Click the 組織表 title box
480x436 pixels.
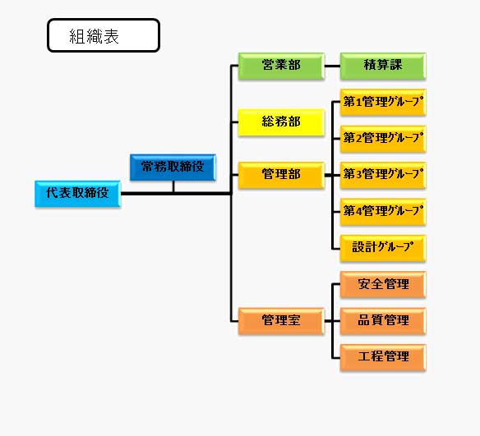pos(104,35)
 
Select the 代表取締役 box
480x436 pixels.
pos(78,194)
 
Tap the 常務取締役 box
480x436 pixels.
pos(173,168)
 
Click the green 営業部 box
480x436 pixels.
pos(281,66)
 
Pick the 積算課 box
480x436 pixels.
pos(383,66)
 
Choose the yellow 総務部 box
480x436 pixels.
pos(281,122)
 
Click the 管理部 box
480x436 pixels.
pos(281,175)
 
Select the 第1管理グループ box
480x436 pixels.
pos(383,103)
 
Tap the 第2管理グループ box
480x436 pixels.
pos(383,139)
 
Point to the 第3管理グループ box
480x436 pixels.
pos(383,175)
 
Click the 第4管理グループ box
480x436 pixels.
pos(383,212)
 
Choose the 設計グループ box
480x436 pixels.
pos(383,248)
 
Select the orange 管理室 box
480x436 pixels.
pos(281,321)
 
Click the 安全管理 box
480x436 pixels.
pos(383,285)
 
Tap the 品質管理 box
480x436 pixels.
pos(383,321)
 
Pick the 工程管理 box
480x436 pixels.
pos(383,357)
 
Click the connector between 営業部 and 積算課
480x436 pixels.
pos(332,66)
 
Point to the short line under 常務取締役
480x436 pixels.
pos(173,186)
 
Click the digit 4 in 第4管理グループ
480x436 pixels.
pos(358,211)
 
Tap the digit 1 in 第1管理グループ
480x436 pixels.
pos(358,102)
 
